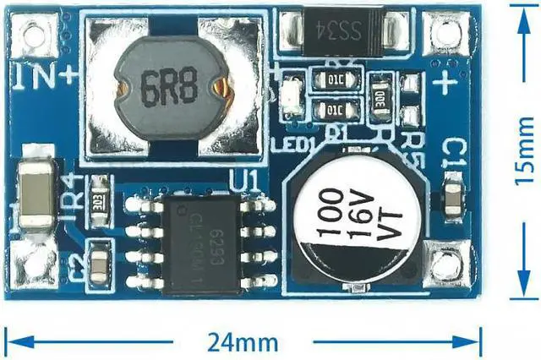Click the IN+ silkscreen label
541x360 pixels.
pos(46,78)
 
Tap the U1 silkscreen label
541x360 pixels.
pos(246,181)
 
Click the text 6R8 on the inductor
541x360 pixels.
pos(172,88)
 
